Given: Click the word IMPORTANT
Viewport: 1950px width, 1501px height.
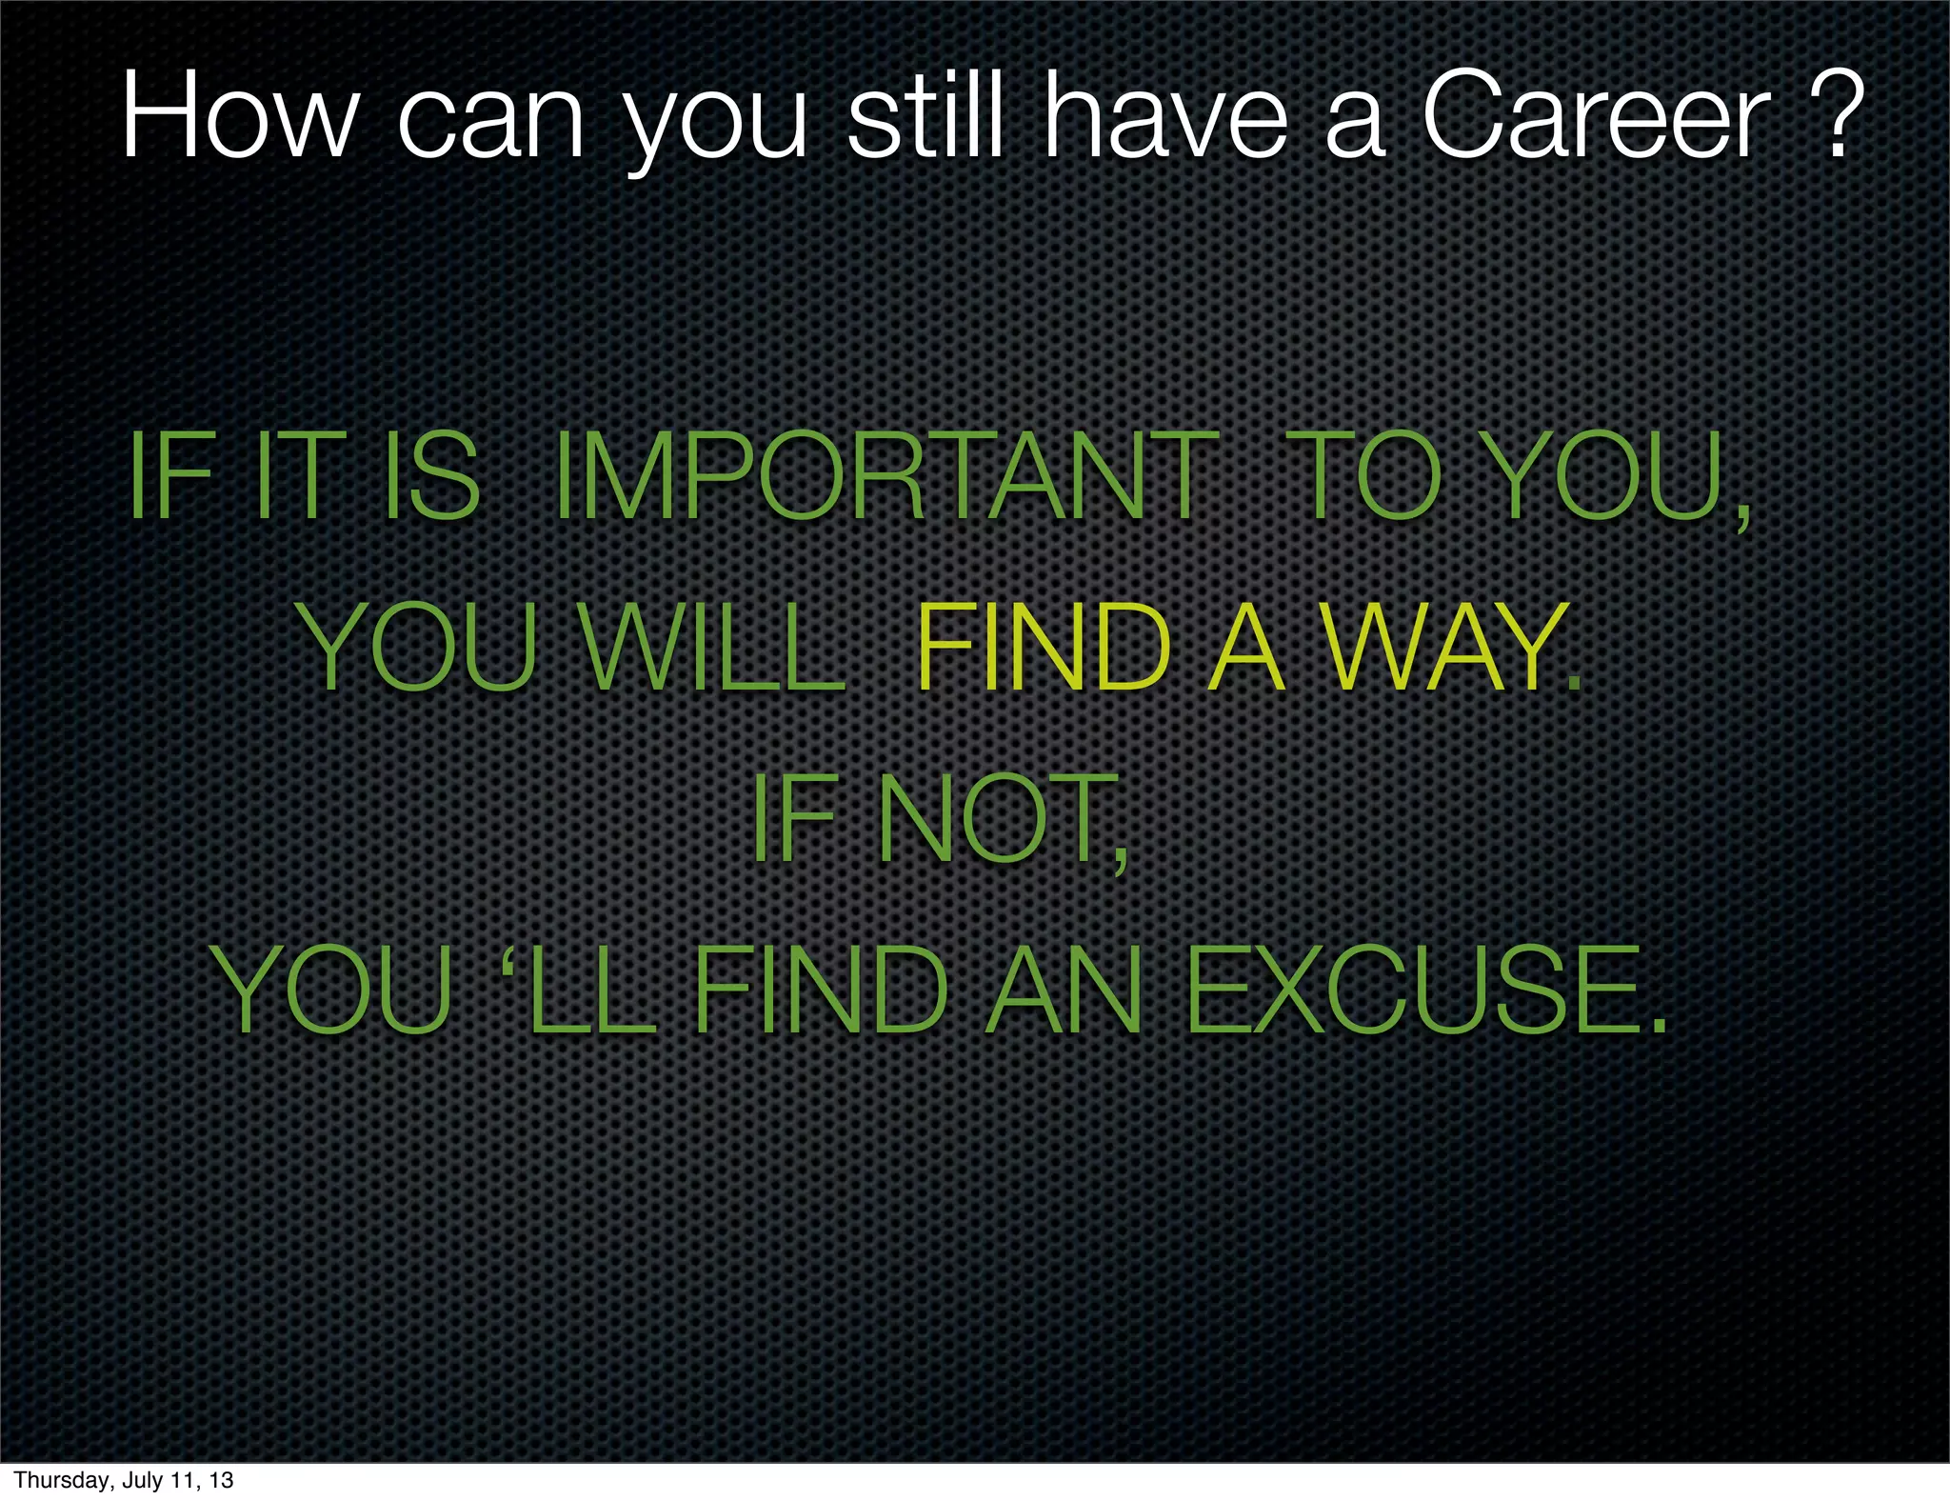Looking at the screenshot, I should click(885, 476).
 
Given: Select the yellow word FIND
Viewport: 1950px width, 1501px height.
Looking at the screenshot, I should click(1043, 649).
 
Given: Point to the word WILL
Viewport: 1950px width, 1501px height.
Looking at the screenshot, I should click(714, 649).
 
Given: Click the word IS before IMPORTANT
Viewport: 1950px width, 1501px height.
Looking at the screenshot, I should click(430, 476).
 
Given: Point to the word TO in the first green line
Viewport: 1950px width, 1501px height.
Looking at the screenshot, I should click(1367, 476).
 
